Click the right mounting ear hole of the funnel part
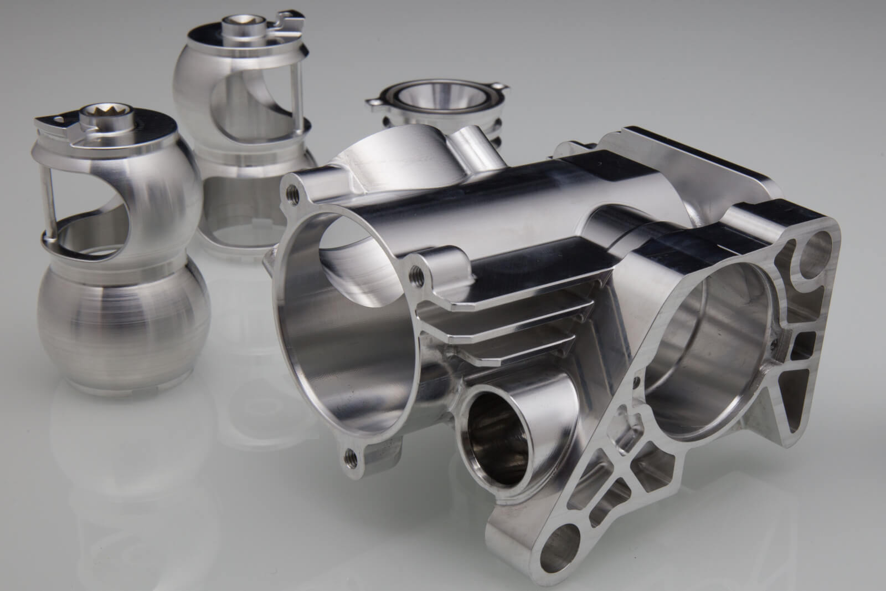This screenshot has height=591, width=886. click(502, 88)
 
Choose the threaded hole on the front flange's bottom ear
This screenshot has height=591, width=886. click(351, 456)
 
